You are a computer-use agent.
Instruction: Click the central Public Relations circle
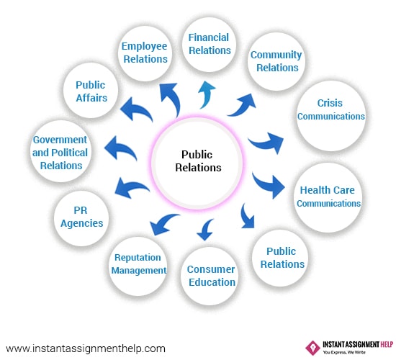click(197, 163)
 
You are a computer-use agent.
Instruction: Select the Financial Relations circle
click(209, 45)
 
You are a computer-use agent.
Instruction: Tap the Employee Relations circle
click(145, 53)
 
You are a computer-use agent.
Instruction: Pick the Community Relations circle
click(276, 61)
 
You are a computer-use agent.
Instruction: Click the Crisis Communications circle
click(331, 116)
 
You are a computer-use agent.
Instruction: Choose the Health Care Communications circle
click(328, 197)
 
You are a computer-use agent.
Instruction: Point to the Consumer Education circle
click(210, 276)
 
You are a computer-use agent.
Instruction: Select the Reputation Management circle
click(138, 266)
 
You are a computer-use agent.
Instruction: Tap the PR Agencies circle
click(81, 218)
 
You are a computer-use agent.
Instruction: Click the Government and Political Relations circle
click(60, 151)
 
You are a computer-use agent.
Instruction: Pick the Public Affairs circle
click(91, 90)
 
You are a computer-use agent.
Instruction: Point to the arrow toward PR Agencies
click(130, 187)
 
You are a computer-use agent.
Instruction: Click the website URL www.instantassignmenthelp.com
click(86, 348)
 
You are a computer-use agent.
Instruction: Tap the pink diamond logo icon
click(312, 348)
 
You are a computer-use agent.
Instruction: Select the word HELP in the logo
click(387, 344)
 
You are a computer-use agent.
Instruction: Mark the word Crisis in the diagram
click(330, 103)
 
